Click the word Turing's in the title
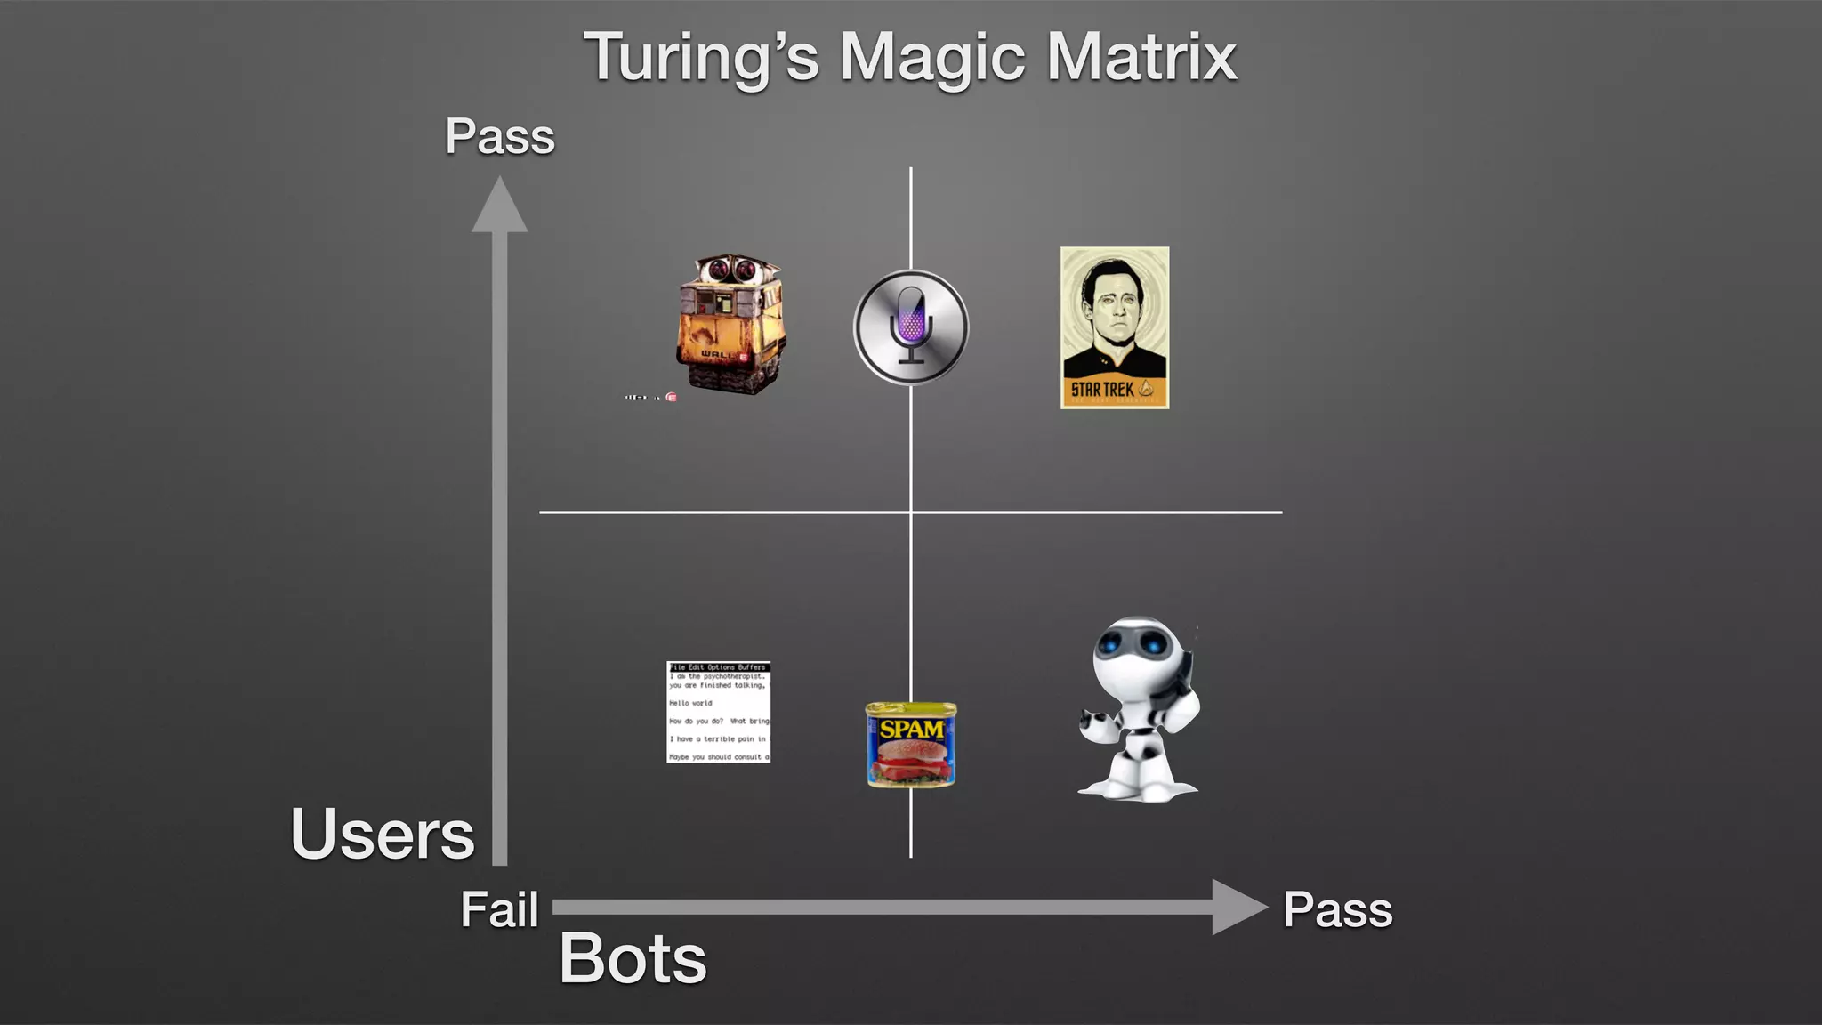pyautogui.click(x=701, y=57)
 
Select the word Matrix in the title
pyautogui.click(x=1141, y=57)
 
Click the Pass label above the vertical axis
pyautogui.click(x=500, y=137)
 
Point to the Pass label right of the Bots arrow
pyautogui.click(x=1337, y=910)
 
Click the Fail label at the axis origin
pyautogui.click(x=499, y=910)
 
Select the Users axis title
pyautogui.click(x=383, y=834)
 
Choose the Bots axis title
pyautogui.click(x=633, y=959)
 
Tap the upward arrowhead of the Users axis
pyautogui.click(x=499, y=205)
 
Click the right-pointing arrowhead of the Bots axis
pyautogui.click(x=1238, y=907)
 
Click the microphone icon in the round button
pyautogui.click(x=910, y=326)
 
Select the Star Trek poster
pyautogui.click(x=1115, y=327)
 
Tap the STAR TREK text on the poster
pyautogui.click(x=1102, y=390)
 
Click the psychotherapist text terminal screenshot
pyautogui.click(x=719, y=712)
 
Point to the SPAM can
pyautogui.click(x=911, y=745)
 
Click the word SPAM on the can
pyautogui.click(x=911, y=730)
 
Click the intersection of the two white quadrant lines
pyautogui.click(x=911, y=512)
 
